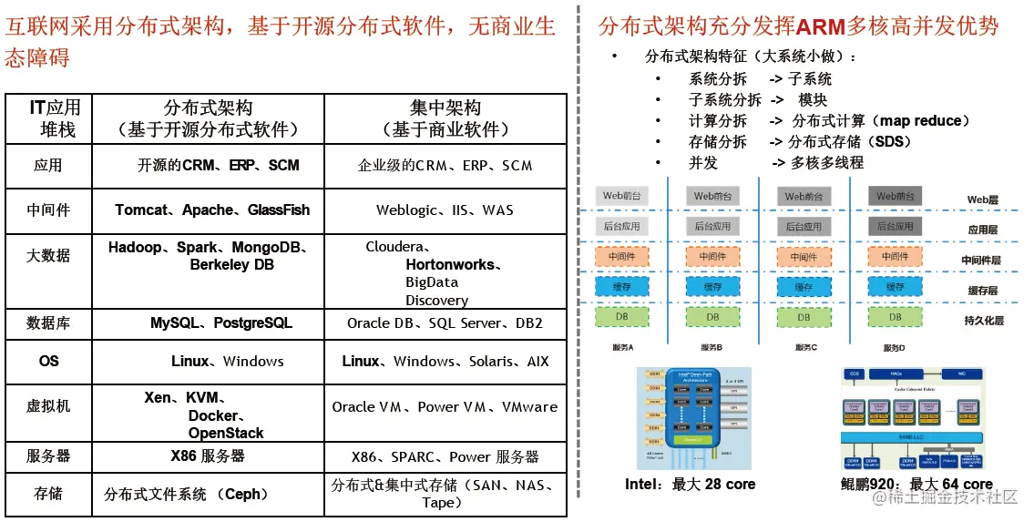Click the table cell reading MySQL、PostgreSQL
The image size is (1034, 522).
tap(221, 323)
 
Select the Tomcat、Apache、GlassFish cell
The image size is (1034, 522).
tap(212, 210)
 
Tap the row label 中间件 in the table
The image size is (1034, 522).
tap(48, 210)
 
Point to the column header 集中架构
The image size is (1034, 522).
tap(445, 108)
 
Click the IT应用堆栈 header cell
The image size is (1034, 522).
tap(56, 118)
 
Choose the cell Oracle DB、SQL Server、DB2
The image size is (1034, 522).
tap(445, 323)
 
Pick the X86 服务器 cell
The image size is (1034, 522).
tap(208, 455)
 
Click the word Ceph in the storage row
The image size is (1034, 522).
tap(244, 495)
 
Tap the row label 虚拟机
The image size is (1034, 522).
tap(48, 406)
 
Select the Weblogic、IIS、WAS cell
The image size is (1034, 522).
tap(445, 210)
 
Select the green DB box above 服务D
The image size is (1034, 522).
tap(895, 317)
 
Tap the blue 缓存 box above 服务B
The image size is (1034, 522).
tap(712, 287)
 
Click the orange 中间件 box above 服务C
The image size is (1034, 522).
tap(803, 257)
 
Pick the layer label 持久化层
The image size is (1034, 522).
tap(983, 321)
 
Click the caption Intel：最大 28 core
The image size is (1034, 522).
tap(690, 485)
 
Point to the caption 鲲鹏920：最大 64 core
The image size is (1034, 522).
tap(916, 485)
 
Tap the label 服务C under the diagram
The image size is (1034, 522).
tap(806, 348)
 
